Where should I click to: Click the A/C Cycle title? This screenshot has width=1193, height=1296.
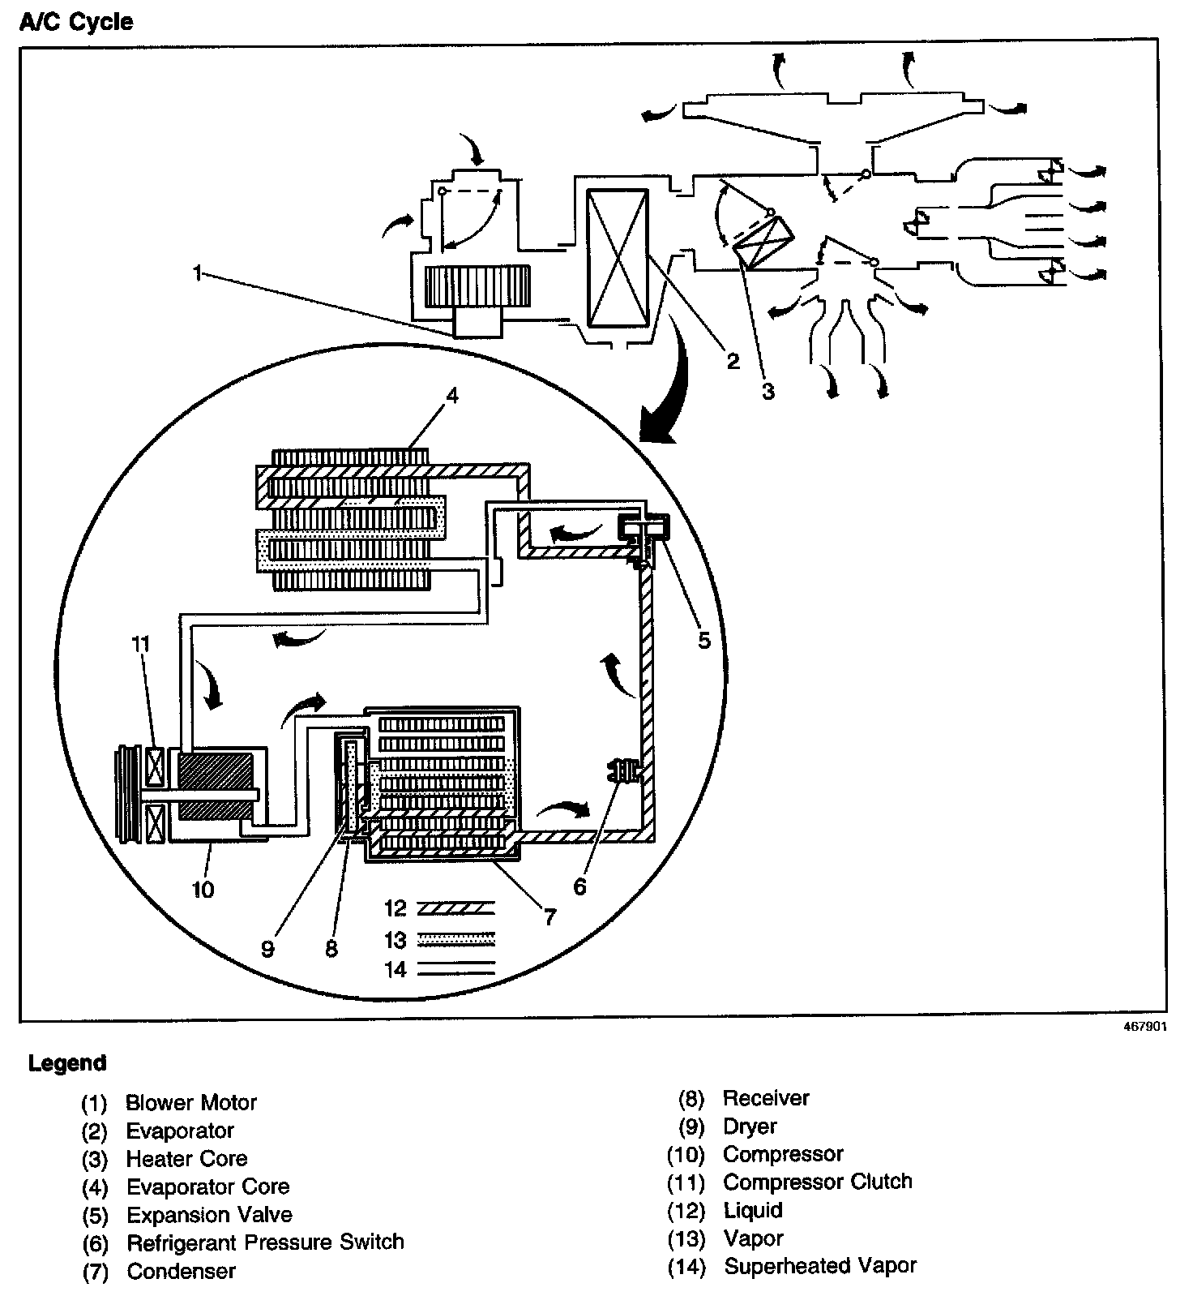(x=75, y=22)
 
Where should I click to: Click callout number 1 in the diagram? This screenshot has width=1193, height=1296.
(x=196, y=273)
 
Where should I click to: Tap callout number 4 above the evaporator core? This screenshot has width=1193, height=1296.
(x=451, y=395)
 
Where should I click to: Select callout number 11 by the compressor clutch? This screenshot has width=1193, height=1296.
(x=140, y=644)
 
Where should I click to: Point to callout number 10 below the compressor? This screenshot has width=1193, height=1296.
(x=203, y=890)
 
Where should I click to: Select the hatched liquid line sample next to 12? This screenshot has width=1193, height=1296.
(x=455, y=908)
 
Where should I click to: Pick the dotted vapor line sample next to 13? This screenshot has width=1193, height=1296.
(x=455, y=940)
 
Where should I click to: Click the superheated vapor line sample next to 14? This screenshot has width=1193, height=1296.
(x=455, y=968)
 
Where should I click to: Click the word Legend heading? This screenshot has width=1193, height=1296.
(x=67, y=1063)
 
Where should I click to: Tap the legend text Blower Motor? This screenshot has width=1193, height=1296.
(x=191, y=1103)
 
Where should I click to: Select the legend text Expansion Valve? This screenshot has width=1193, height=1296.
(x=209, y=1215)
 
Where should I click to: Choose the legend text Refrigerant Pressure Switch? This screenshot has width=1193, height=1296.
(x=265, y=1242)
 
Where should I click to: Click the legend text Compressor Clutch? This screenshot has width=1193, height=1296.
(x=817, y=1182)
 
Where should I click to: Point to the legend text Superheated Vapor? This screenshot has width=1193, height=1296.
(x=819, y=1266)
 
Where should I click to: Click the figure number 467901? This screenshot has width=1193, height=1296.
(x=1144, y=1025)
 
